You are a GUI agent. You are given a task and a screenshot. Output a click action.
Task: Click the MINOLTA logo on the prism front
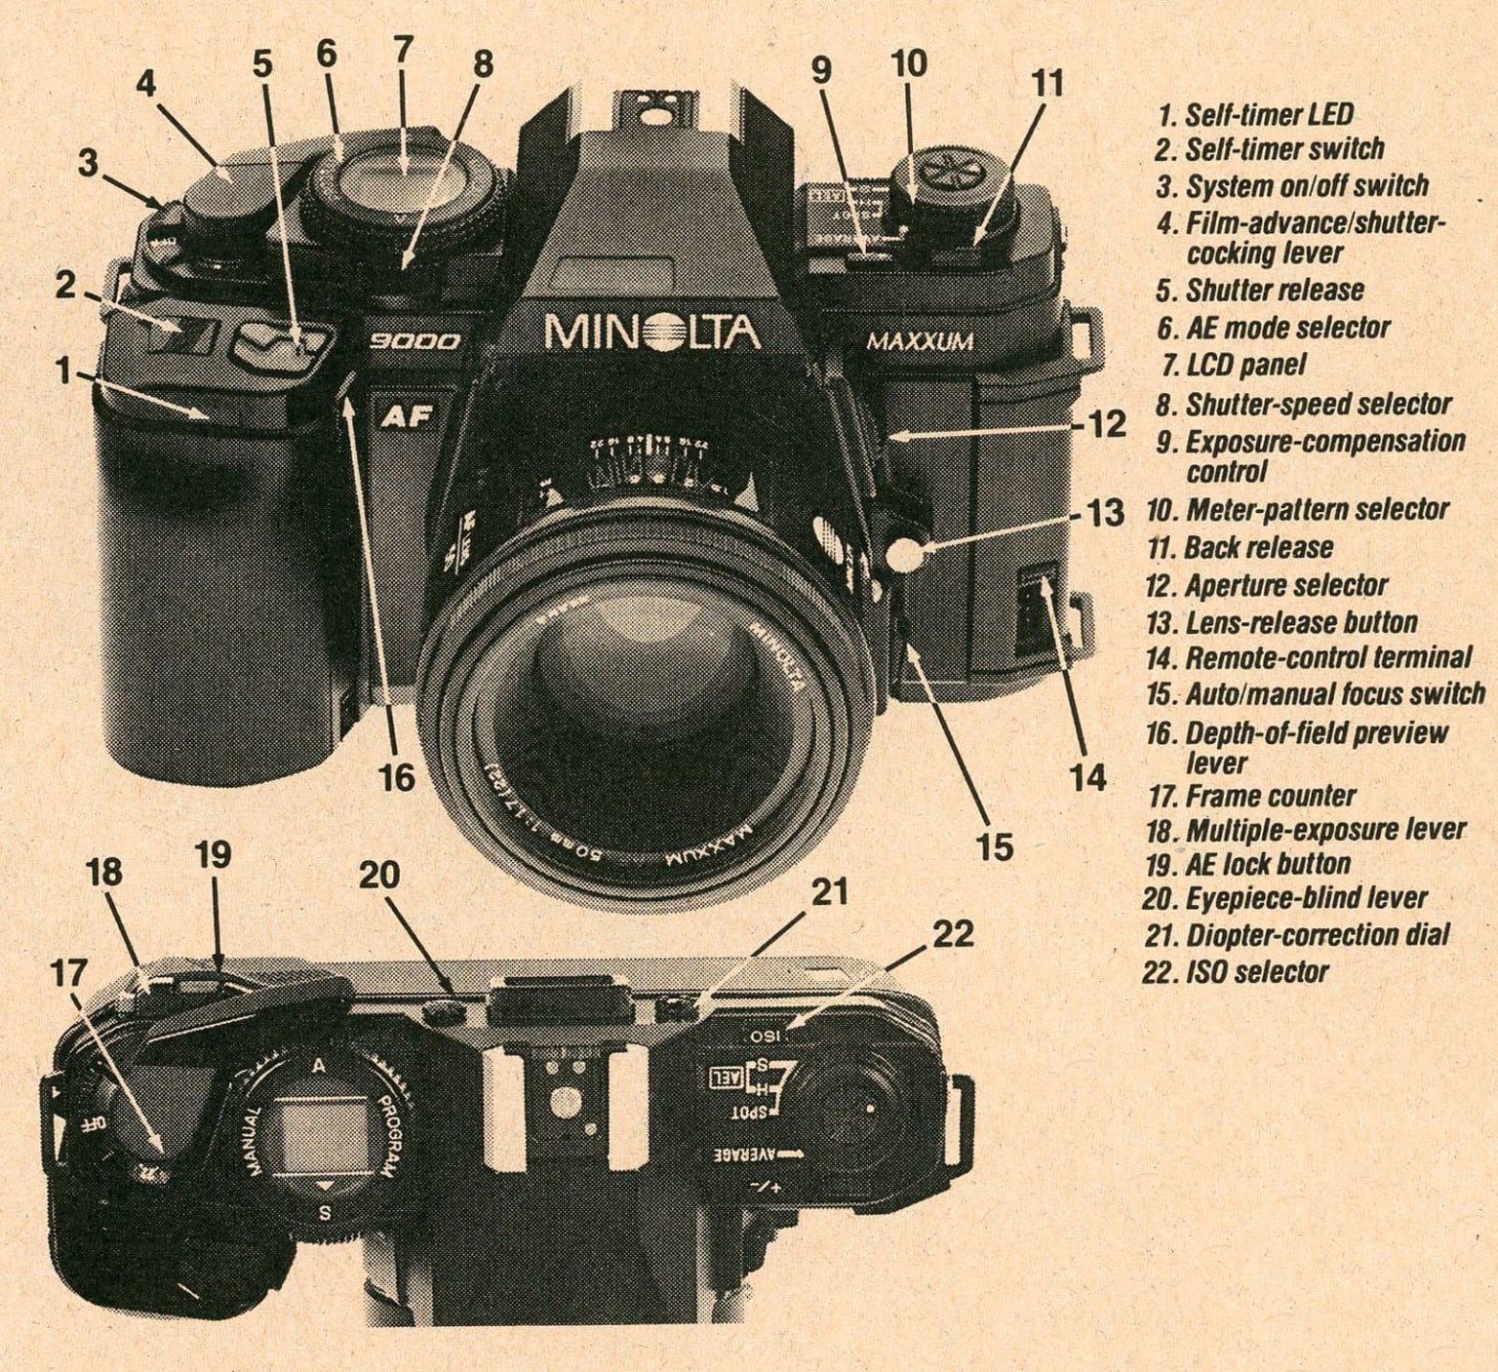click(651, 333)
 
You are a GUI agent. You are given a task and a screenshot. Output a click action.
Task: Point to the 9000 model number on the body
click(414, 342)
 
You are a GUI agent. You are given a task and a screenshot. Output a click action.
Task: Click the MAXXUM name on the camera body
click(920, 341)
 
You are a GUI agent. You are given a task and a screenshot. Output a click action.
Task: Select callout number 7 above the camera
click(403, 49)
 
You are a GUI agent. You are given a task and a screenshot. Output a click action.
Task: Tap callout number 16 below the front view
click(397, 777)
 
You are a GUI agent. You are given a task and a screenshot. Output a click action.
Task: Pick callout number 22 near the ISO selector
click(953, 933)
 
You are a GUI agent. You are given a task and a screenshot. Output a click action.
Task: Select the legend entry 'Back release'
click(1240, 547)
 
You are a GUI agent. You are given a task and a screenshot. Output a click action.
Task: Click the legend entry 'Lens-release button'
click(1281, 622)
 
